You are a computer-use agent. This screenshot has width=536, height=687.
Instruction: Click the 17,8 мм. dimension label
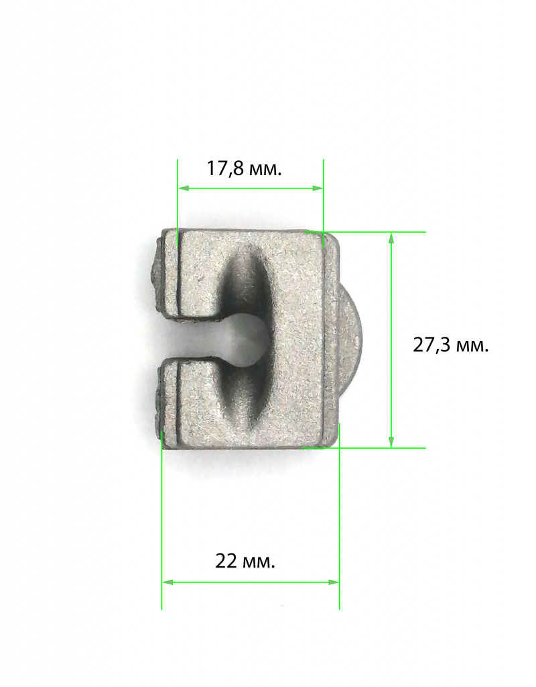pos(244,169)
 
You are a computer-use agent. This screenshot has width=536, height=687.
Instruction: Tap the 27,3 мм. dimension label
pos(451,346)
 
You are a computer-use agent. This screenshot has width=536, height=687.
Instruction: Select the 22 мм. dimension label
pos(245,562)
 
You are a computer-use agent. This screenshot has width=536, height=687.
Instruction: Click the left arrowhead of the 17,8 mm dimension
pos(184,188)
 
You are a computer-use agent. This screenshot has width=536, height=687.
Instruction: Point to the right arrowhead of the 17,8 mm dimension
pos(318,188)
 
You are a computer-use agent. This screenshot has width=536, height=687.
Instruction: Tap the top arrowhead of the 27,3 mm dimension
pos(391,238)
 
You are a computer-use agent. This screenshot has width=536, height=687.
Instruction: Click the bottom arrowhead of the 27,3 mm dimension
pos(391,441)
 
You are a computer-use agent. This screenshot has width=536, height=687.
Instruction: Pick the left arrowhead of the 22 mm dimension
pos(168,582)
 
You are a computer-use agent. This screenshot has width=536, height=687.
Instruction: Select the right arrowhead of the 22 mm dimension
pos(334,582)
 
